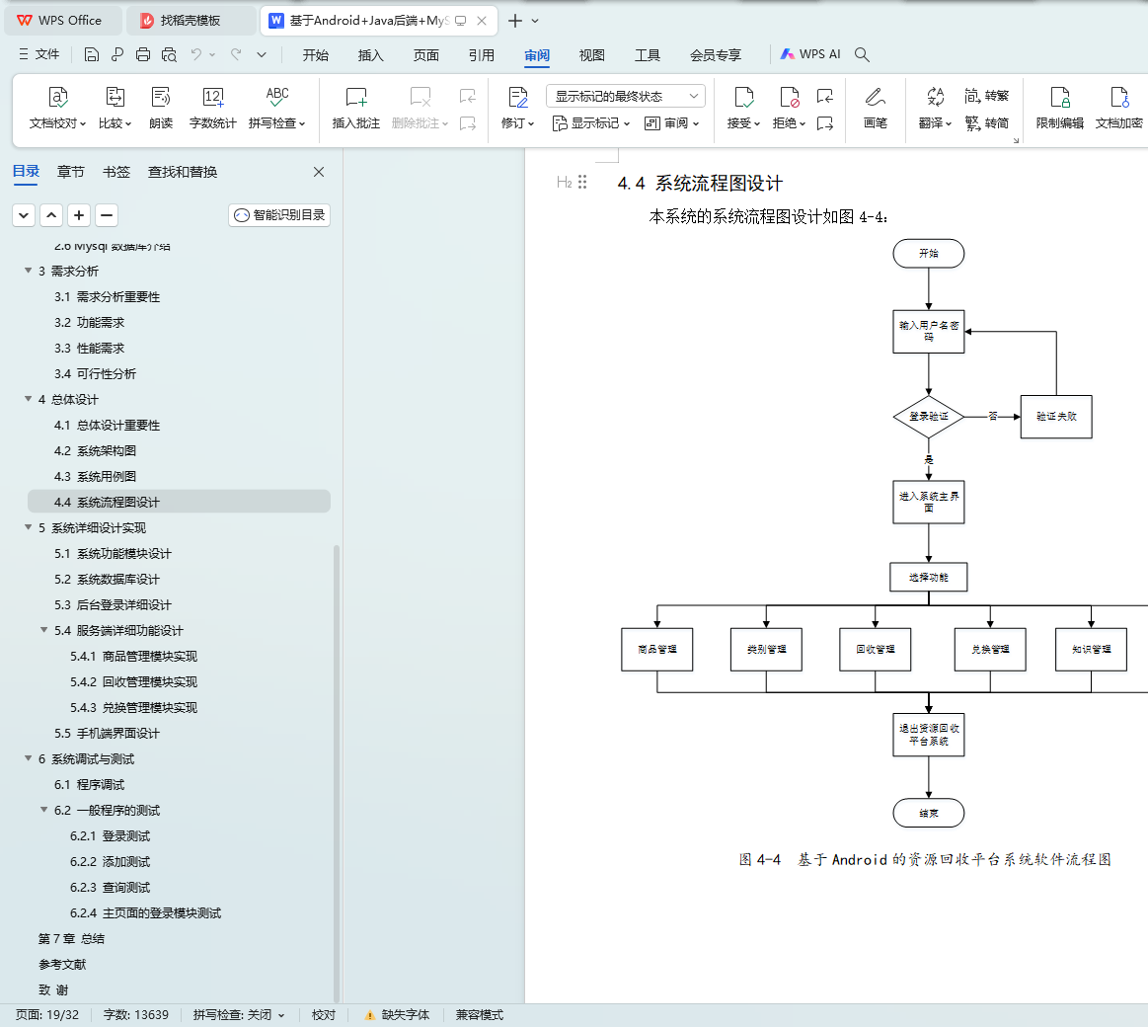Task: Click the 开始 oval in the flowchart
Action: [928, 254]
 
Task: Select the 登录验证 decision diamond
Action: [928, 417]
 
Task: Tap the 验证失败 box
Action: [1056, 417]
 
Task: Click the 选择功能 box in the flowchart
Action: [928, 577]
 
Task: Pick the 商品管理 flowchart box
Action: [657, 649]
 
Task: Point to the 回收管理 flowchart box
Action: [875, 649]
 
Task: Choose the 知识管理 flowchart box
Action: [1091, 649]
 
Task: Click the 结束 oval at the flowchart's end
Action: [928, 813]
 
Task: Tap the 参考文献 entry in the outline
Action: [62, 965]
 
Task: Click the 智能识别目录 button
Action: [279, 215]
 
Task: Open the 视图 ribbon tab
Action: [591, 55]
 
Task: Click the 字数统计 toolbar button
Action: [212, 108]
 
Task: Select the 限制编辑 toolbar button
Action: [1059, 108]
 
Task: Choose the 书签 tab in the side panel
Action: [115, 172]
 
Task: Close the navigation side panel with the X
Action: [319, 172]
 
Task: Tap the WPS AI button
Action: [810, 54]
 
